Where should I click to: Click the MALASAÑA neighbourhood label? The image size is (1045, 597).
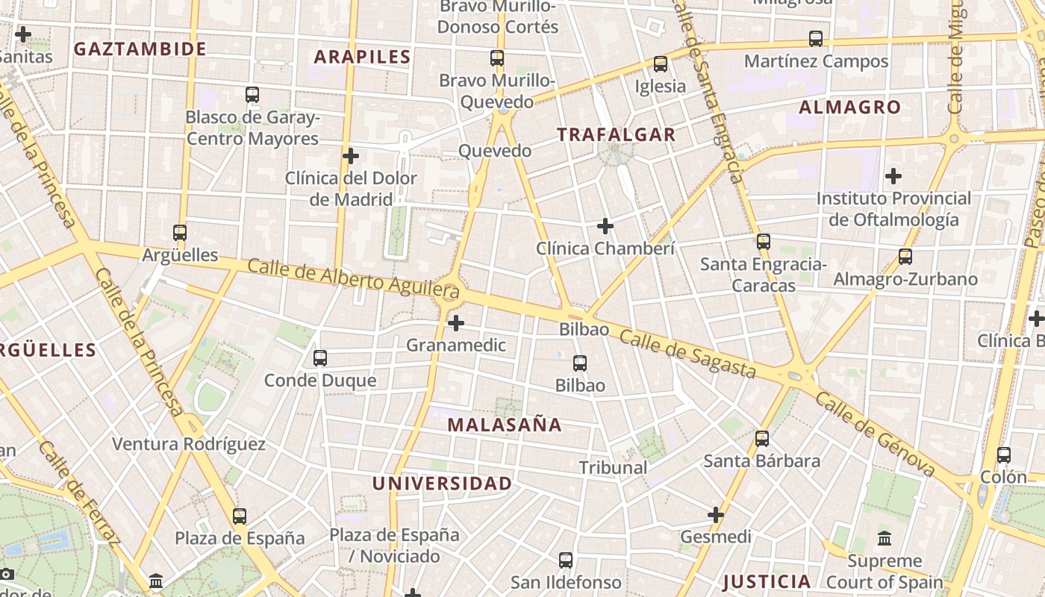(x=505, y=425)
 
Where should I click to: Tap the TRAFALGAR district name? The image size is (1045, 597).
(x=617, y=135)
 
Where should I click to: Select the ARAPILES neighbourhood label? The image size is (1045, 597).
(x=362, y=57)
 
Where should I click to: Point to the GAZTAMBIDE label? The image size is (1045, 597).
(x=140, y=49)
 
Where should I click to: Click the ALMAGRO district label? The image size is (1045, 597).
(x=850, y=107)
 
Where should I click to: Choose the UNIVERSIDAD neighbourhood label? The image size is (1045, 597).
(x=442, y=484)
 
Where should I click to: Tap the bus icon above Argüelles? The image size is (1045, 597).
(x=180, y=233)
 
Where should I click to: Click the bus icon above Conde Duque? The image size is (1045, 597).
(x=320, y=358)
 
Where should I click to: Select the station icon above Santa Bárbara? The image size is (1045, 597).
(x=762, y=439)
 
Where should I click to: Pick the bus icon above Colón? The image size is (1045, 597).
(x=1004, y=454)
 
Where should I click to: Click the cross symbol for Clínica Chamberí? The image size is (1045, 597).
(x=605, y=225)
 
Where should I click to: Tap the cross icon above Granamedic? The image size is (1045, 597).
(x=456, y=323)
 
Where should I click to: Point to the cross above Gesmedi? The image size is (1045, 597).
(x=716, y=514)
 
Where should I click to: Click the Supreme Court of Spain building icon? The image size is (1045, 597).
(x=885, y=538)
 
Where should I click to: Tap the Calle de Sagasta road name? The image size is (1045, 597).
(x=687, y=354)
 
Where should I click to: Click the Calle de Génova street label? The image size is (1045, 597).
(x=874, y=435)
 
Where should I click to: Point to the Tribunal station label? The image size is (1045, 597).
(x=613, y=468)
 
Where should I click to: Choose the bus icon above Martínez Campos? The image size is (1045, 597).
(x=816, y=39)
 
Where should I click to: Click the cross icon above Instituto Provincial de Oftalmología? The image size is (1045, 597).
(x=893, y=176)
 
